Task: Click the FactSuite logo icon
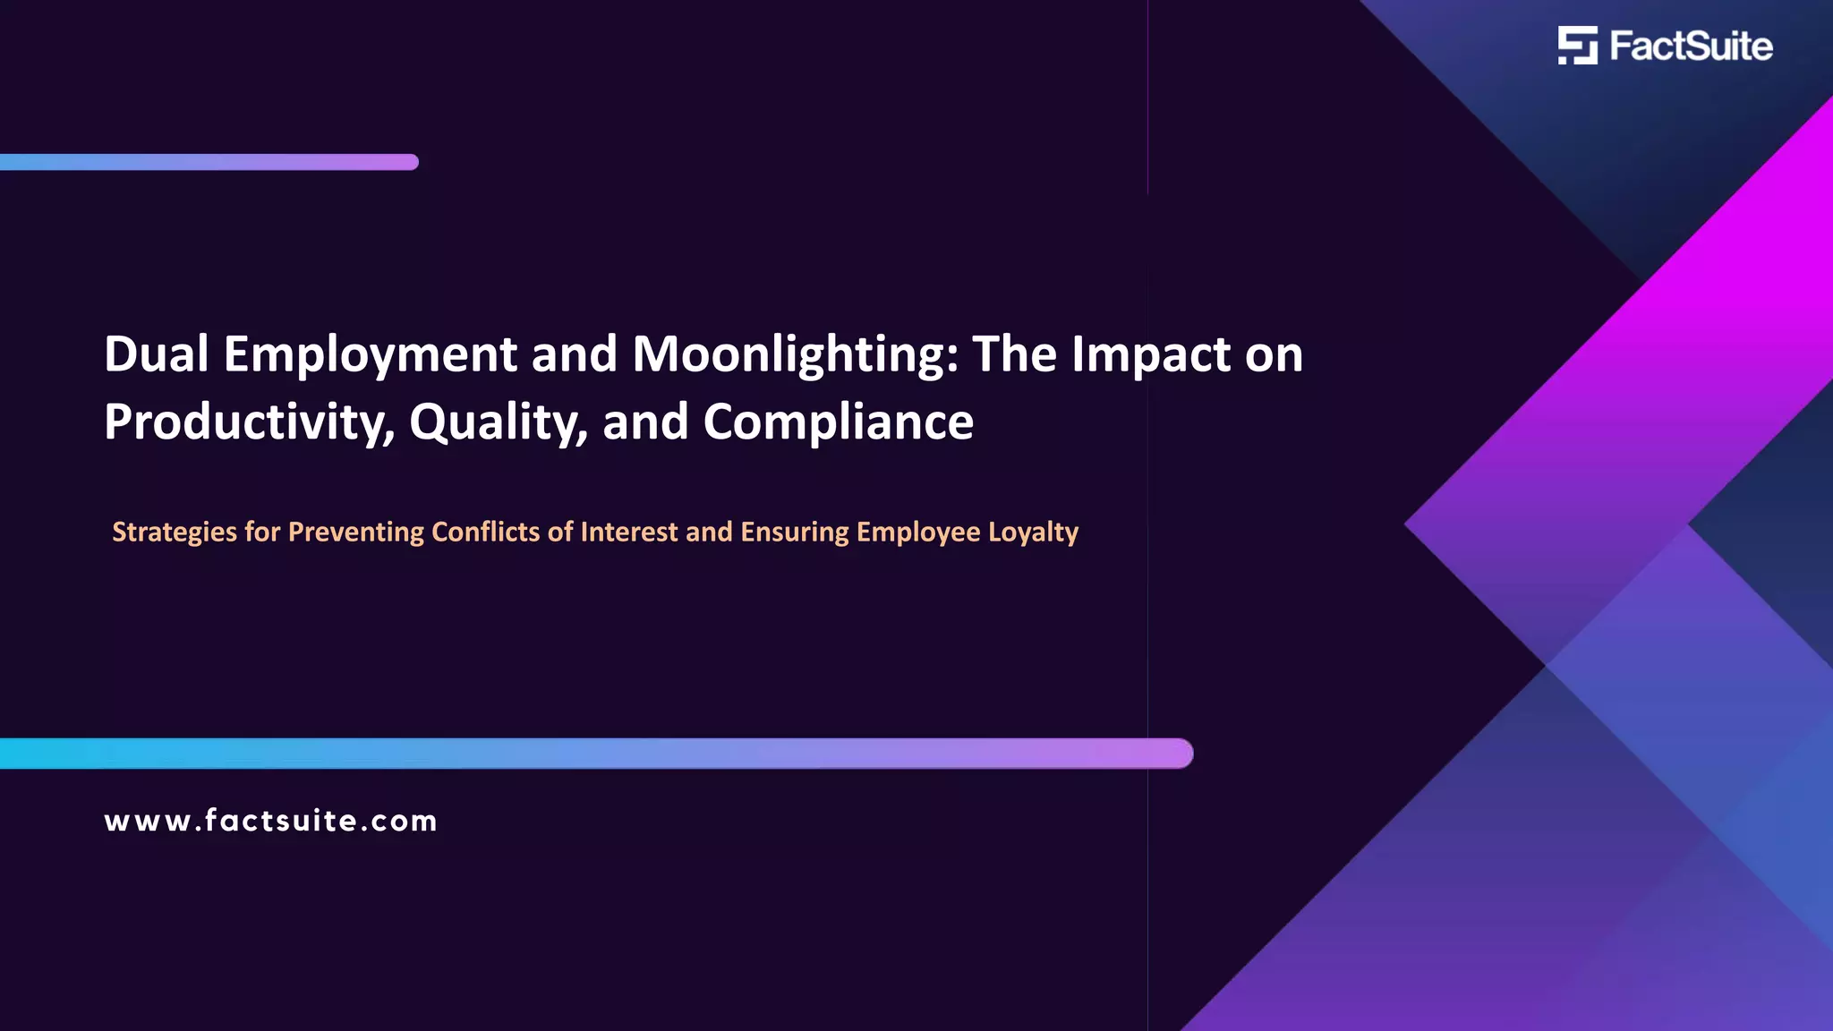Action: click(x=1577, y=46)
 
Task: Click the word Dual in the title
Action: click(x=156, y=354)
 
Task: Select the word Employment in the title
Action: click(x=370, y=355)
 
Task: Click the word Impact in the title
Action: click(x=1150, y=355)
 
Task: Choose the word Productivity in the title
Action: click(x=249, y=422)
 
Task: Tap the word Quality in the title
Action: click(x=498, y=422)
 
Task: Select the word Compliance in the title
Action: click(x=838, y=422)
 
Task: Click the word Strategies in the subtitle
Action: click(x=175, y=533)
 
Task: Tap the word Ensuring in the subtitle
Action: click(x=795, y=533)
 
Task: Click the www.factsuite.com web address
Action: click(x=270, y=821)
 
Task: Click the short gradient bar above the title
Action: click(x=209, y=162)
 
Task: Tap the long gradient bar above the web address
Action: click(x=596, y=754)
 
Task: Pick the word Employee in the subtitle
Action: click(x=918, y=533)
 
